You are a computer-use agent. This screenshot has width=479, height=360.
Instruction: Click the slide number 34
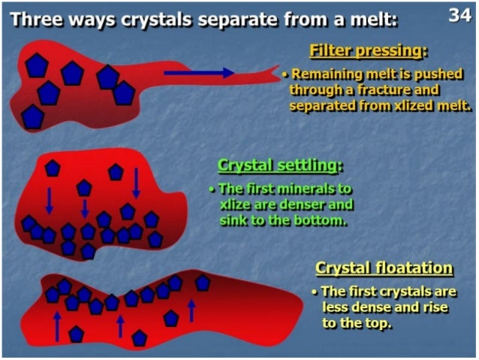pos(459,15)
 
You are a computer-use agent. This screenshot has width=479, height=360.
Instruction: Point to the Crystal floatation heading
pos(384,268)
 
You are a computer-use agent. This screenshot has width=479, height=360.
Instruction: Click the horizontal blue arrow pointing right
pos(199,73)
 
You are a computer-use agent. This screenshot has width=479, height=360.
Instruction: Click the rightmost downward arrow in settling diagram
pos(137,183)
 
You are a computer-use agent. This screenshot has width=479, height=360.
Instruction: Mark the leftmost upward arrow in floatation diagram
pos(57,325)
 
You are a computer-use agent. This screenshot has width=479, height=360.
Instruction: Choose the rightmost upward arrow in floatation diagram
pos(191,309)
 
